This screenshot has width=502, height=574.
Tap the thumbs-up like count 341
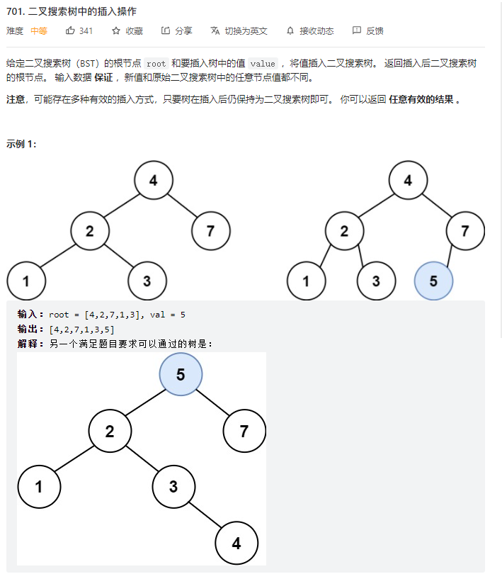(x=79, y=31)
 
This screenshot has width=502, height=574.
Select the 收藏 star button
(x=127, y=31)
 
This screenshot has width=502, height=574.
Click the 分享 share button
(x=177, y=31)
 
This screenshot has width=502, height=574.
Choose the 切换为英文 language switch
(x=239, y=31)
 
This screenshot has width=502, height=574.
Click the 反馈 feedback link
(x=368, y=31)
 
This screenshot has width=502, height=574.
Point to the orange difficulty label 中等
(x=39, y=31)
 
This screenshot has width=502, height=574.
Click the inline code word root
(x=156, y=64)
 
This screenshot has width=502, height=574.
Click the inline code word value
(x=263, y=64)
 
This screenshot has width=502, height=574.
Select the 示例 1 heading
(x=21, y=144)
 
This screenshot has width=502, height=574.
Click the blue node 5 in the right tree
(x=433, y=281)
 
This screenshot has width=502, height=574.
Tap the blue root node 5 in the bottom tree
(x=181, y=374)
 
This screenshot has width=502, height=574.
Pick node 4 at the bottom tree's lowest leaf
(x=236, y=544)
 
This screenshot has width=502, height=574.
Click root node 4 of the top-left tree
(x=154, y=180)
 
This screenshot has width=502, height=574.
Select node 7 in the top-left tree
(x=210, y=230)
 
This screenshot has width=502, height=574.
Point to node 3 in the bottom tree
(x=173, y=487)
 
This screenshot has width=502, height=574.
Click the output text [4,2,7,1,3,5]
(x=81, y=330)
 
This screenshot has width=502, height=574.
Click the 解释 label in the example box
(x=31, y=344)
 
